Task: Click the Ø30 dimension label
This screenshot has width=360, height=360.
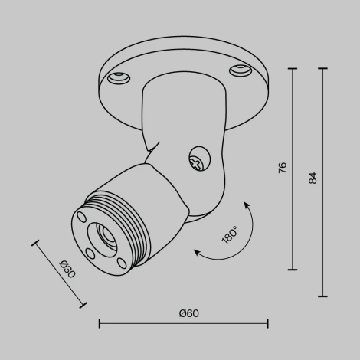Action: click(x=67, y=270)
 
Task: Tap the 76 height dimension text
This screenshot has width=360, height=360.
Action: click(x=283, y=169)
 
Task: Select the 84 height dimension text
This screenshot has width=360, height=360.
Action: click(x=312, y=178)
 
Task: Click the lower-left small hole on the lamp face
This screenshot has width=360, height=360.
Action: click(x=90, y=250)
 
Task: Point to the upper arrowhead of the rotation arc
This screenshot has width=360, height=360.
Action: click(x=247, y=203)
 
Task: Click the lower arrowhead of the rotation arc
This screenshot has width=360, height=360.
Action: click(x=196, y=250)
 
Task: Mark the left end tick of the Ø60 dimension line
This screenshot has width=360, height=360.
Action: click(x=100, y=323)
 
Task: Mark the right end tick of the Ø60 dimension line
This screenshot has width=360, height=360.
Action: click(x=267, y=323)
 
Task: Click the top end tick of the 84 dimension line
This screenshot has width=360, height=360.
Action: click(x=322, y=69)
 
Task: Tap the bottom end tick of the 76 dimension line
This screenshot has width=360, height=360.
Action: click(x=293, y=270)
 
